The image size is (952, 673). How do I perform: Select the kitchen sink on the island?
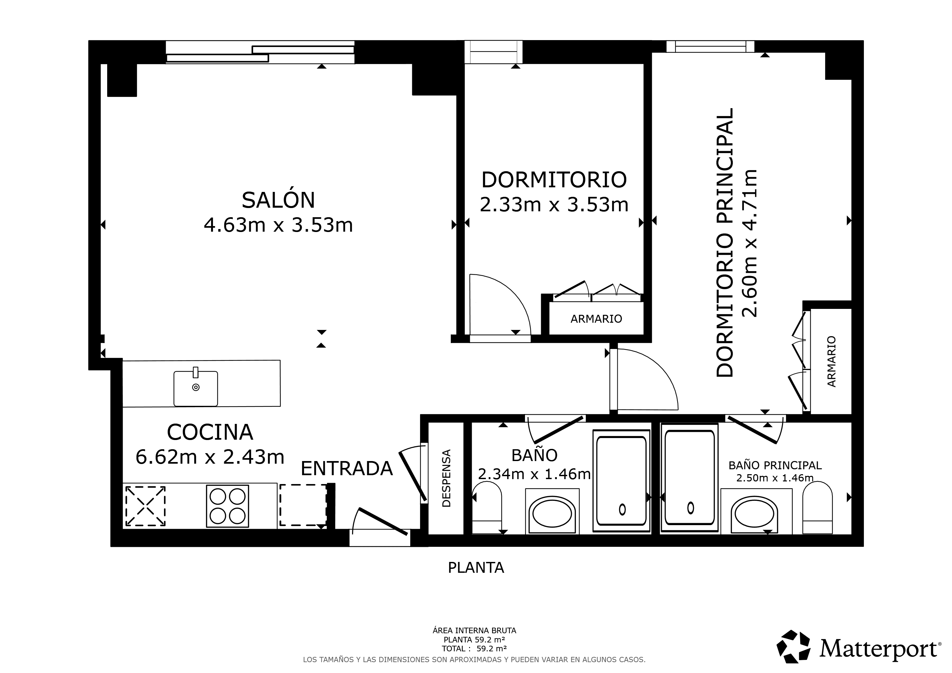tap(196, 388)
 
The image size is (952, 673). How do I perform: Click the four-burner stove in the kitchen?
tap(227, 506)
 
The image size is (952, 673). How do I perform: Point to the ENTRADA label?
tap(346, 469)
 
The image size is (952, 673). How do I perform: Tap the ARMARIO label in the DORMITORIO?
tap(596, 319)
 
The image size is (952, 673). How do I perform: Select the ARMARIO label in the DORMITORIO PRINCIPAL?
tap(832, 361)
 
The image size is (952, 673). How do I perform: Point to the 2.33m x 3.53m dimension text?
tap(554, 205)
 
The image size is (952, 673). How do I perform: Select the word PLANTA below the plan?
tap(476, 567)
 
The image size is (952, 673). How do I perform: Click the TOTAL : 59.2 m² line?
tap(474, 649)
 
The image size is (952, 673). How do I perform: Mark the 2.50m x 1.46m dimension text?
tap(775, 478)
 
